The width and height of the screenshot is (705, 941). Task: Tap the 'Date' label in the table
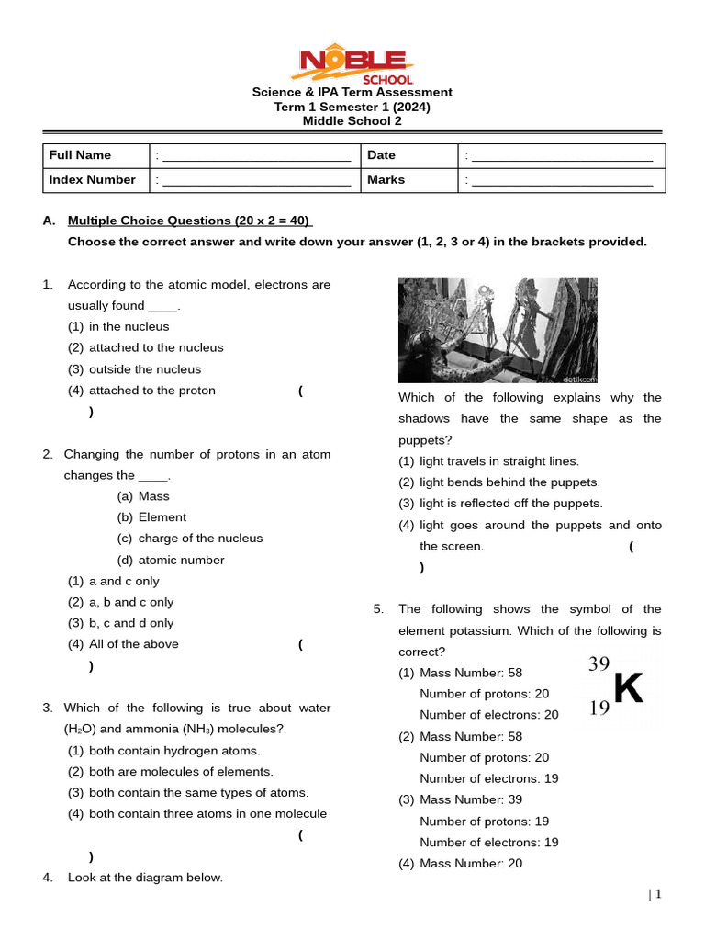381,155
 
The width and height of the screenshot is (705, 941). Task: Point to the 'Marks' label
386,179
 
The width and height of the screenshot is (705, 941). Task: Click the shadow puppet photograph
498,330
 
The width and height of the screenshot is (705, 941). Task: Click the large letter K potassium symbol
629,688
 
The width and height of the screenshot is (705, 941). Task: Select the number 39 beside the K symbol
599,664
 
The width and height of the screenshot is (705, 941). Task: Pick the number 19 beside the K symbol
599,708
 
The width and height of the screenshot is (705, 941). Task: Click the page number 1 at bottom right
658,894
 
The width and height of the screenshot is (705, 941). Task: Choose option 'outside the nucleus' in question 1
144,369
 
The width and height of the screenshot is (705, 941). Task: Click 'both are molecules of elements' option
181,772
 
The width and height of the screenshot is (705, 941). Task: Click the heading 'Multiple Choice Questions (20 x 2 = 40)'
189,221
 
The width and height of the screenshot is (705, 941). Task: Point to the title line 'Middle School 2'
352,120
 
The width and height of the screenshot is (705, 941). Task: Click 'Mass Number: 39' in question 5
470,799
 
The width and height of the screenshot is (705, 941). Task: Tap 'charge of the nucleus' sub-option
200,539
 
